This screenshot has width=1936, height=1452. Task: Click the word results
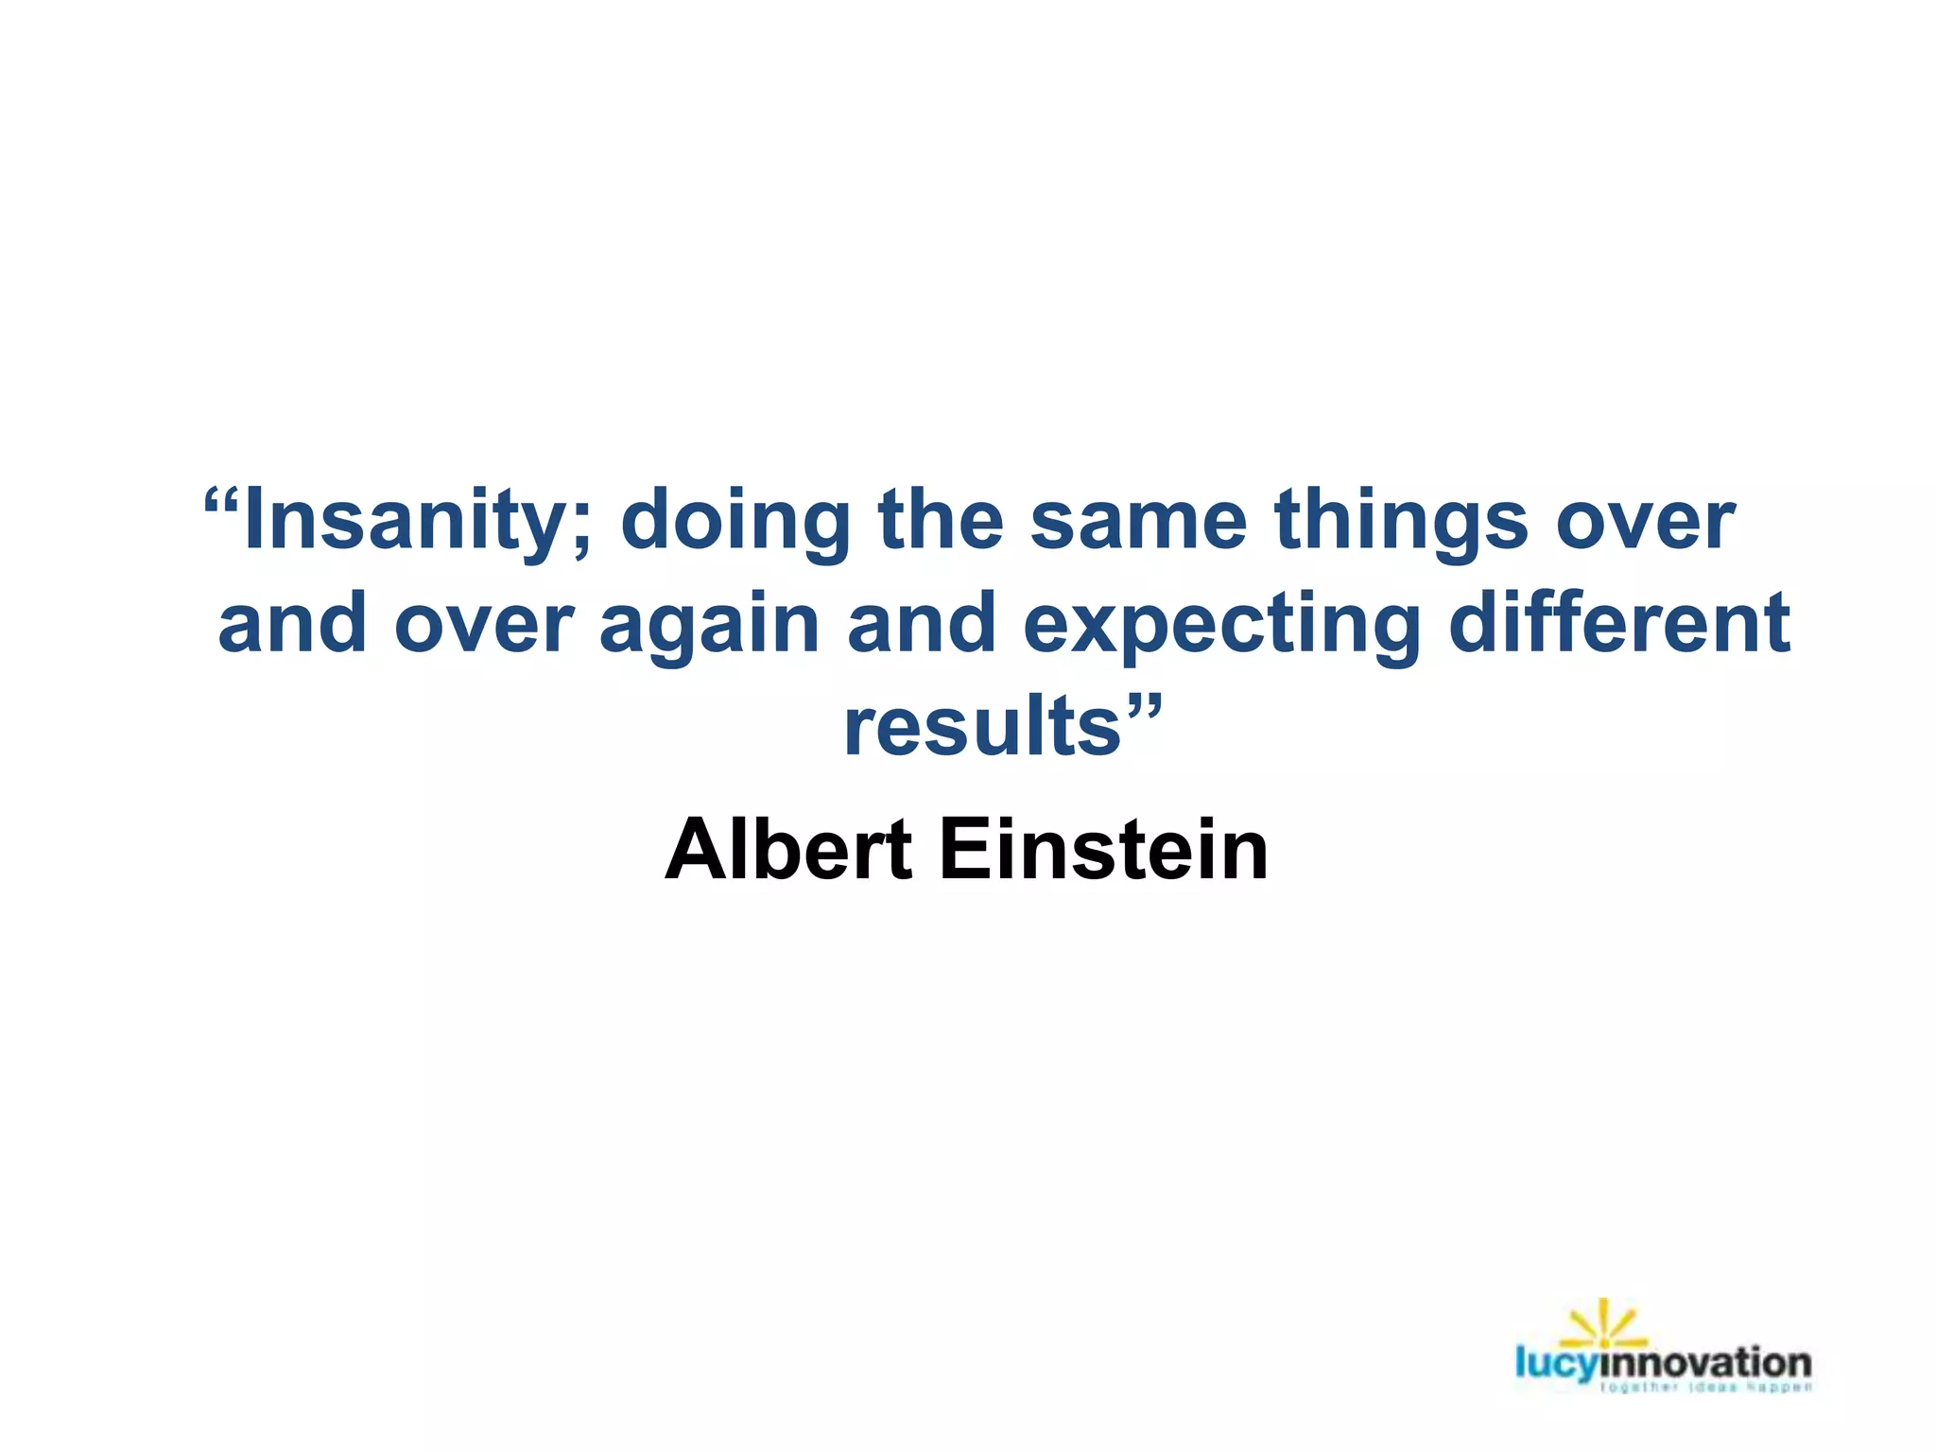click(x=982, y=726)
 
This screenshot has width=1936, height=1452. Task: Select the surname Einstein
click(x=1103, y=849)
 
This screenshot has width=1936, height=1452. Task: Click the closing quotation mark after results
click(x=1142, y=705)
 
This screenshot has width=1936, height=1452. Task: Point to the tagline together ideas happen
click(x=1707, y=1388)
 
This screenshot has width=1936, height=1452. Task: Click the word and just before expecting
click(x=922, y=624)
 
